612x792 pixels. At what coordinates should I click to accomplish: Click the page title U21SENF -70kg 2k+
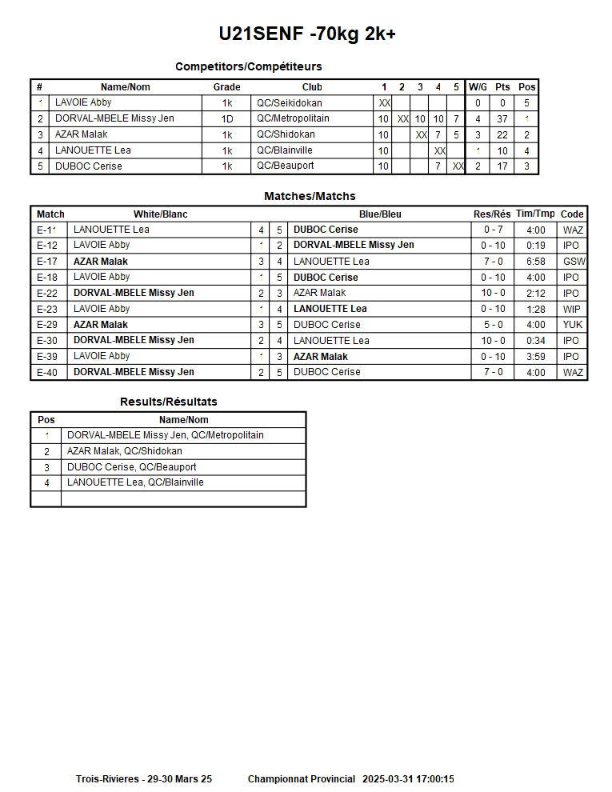tap(307, 34)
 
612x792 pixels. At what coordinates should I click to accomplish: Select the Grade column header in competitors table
tap(226, 87)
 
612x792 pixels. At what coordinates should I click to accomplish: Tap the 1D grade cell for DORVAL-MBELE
tap(226, 119)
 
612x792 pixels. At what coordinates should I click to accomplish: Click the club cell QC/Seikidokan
tap(289, 103)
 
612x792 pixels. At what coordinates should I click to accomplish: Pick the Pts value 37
tap(502, 119)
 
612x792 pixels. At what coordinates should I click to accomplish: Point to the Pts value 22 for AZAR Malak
tap(502, 135)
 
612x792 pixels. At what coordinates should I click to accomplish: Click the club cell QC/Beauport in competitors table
tap(285, 166)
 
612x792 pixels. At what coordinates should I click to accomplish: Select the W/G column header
tap(478, 87)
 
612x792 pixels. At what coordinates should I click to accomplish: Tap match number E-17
tap(47, 262)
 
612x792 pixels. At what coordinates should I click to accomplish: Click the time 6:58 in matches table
tap(535, 262)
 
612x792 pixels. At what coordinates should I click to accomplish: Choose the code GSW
tap(574, 262)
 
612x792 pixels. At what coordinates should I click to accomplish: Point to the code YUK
tap(573, 325)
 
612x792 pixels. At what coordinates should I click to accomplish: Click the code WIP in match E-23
tap(572, 309)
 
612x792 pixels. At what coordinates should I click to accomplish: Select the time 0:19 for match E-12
tap(535, 246)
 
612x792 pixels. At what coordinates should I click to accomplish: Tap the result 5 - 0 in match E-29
tap(493, 325)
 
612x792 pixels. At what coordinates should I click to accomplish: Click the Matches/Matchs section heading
tap(310, 196)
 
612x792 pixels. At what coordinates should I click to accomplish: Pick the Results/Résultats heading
tap(168, 402)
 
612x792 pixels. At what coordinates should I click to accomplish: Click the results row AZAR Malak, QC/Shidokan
tap(124, 451)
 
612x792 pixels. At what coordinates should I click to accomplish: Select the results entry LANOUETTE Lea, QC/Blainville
tap(135, 482)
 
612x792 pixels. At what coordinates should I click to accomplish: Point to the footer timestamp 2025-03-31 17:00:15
tap(408, 779)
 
